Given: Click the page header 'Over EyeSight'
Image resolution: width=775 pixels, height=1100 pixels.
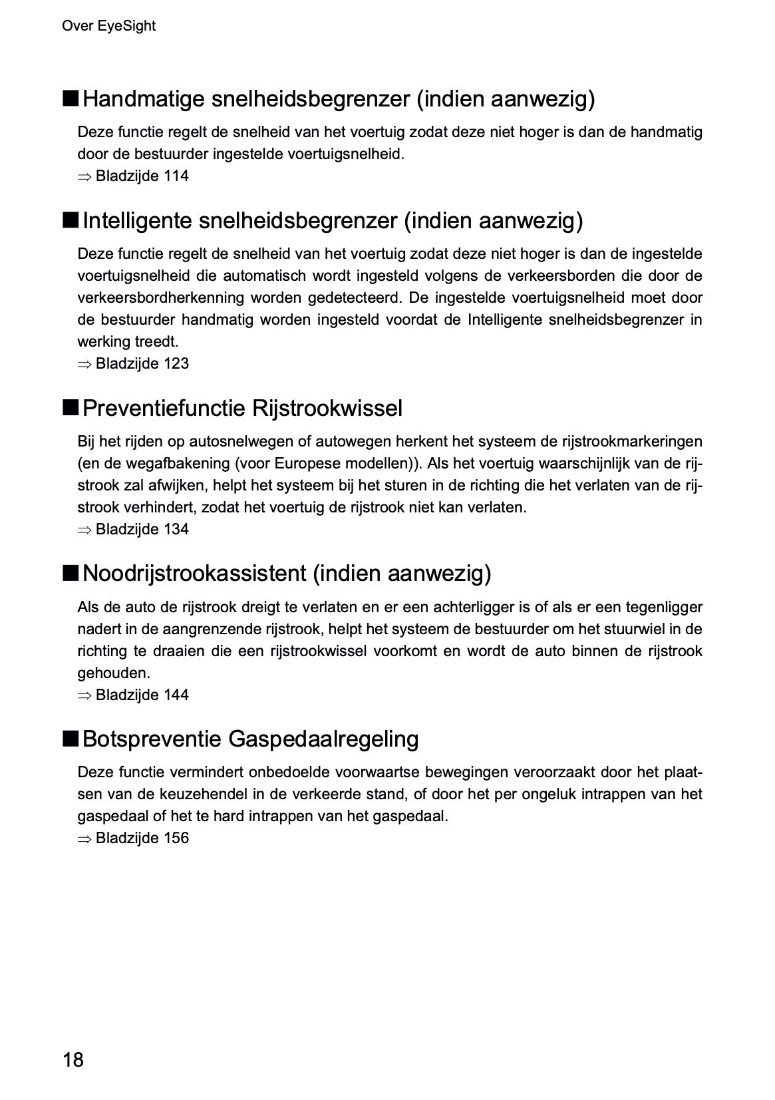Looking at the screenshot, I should (x=108, y=26).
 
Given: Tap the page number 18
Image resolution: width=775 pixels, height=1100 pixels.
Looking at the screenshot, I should (x=73, y=1059).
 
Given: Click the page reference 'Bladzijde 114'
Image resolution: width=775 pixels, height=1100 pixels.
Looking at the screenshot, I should (x=142, y=176).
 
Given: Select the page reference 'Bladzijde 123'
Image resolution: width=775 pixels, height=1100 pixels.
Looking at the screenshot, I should (x=142, y=364).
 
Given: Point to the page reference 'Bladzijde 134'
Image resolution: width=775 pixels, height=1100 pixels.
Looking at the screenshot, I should (x=142, y=530).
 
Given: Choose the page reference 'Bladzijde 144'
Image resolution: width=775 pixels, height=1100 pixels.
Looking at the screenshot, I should (x=142, y=695).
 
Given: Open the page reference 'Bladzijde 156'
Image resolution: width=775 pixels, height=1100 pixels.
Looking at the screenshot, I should (x=142, y=838).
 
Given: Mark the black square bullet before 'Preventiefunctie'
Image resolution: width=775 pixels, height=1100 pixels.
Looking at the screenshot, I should (x=71, y=407).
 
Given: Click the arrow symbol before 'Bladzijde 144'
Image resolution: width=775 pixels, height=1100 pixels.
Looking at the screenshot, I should (x=84, y=696).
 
